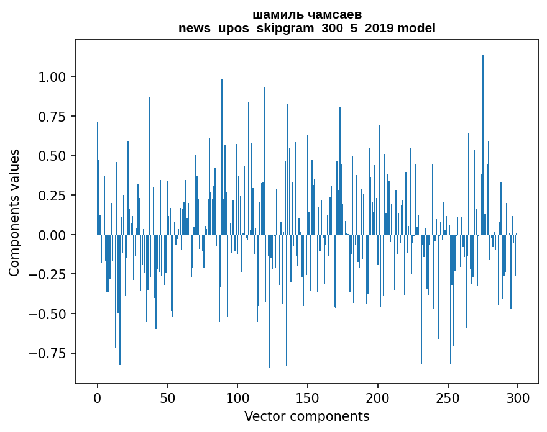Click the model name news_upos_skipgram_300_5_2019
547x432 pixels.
tap(287, 28)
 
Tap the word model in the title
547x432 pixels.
tap(416, 28)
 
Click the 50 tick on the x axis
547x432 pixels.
tap(167, 398)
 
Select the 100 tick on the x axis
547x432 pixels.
tap(237, 398)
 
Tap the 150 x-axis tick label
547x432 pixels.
tap(308, 398)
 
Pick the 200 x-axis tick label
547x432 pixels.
tap(378, 398)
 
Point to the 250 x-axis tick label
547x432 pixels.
tap(448, 398)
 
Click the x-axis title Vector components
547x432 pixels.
tap(307, 416)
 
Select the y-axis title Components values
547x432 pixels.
tap(15, 212)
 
